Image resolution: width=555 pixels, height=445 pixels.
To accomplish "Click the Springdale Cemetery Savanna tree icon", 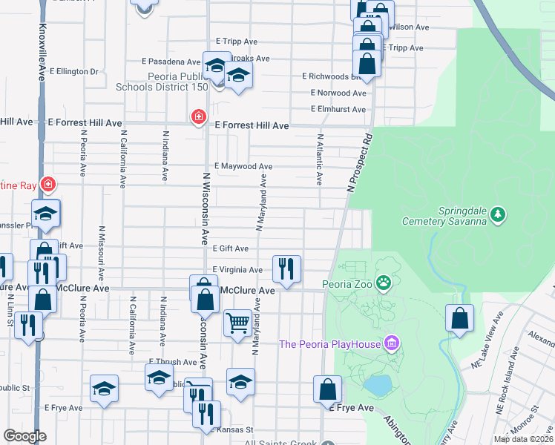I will pos(498,215).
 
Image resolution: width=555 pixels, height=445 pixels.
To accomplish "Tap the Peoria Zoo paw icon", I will pos(383,283).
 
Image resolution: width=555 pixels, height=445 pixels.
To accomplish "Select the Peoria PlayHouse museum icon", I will pos(392,343).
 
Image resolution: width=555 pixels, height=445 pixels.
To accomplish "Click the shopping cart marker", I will pos(237,323).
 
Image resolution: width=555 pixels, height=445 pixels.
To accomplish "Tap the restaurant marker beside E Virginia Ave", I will pos(286,268).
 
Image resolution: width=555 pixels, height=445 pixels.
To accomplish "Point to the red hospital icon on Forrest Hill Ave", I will pos(198,117).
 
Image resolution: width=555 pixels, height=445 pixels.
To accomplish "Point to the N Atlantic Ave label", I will pos(321,159).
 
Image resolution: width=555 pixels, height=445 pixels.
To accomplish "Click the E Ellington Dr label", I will pos(72,72).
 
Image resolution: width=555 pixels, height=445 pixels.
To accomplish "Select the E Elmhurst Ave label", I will pos(338,110).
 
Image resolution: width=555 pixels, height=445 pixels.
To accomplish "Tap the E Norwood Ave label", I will pos(339,93).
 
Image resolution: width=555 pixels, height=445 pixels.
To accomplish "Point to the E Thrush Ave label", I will pos(172,363).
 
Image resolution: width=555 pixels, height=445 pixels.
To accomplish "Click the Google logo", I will pos(24,437).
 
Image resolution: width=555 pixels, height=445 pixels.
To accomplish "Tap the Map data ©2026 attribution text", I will pos(523,439).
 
